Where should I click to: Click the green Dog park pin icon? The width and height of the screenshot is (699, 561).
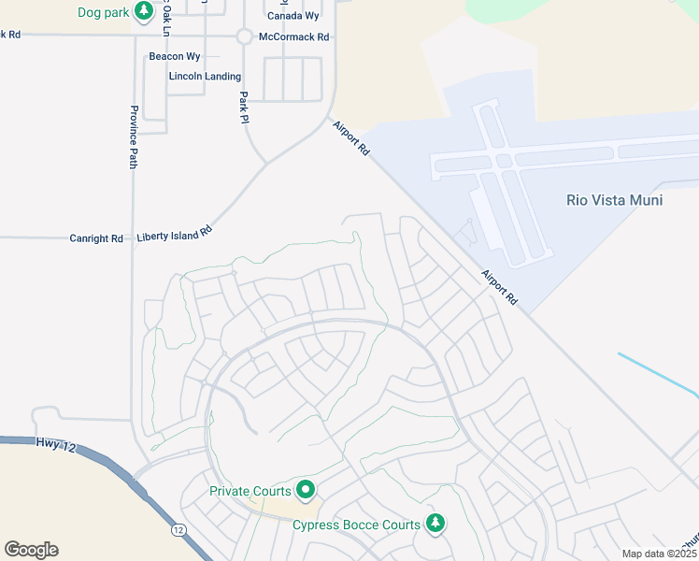click(x=143, y=10)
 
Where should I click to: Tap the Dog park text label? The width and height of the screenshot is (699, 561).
click(x=104, y=12)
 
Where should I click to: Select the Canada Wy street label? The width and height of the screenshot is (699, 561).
click(x=292, y=16)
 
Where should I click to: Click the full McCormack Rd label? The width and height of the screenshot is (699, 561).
click(x=294, y=37)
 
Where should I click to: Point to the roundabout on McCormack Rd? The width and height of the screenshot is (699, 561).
click(x=244, y=36)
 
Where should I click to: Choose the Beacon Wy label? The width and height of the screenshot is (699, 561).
click(x=175, y=57)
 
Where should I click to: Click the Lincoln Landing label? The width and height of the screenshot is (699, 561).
click(x=205, y=77)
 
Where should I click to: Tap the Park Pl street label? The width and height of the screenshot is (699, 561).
click(x=243, y=108)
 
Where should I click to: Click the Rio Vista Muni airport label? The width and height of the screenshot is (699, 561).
click(x=615, y=200)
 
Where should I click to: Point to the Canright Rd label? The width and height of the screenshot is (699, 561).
click(x=96, y=238)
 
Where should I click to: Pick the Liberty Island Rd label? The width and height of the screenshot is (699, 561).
click(x=175, y=233)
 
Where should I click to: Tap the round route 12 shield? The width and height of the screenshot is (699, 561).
click(x=178, y=530)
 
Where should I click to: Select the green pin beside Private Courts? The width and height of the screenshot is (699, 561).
click(x=305, y=488)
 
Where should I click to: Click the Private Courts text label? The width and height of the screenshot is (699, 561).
click(x=250, y=492)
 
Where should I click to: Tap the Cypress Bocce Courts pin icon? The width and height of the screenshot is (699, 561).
click(x=435, y=522)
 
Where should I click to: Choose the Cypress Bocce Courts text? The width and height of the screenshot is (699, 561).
click(x=356, y=525)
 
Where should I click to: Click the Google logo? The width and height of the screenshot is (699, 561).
click(x=31, y=550)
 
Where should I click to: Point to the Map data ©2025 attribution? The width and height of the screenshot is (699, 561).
click(x=660, y=554)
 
